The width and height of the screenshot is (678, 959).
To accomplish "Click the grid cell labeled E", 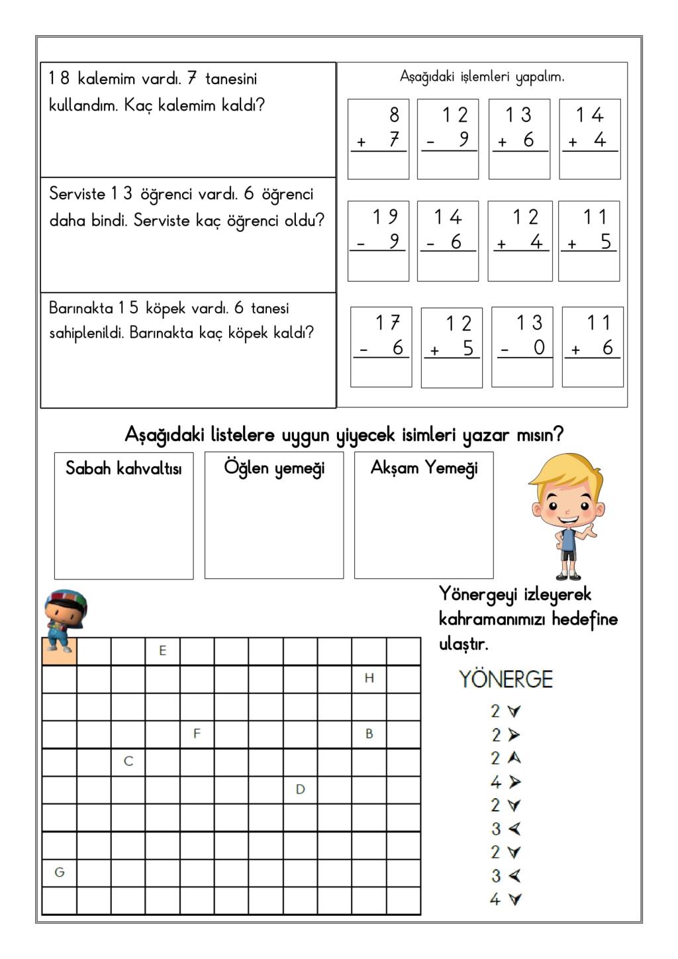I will (x=163, y=651).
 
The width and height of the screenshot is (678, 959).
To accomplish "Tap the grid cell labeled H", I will (x=369, y=678).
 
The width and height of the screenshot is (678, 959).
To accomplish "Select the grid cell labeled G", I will (x=60, y=872).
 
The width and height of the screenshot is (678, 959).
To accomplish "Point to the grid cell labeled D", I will (x=300, y=789).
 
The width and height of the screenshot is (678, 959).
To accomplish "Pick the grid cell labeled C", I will (x=128, y=762).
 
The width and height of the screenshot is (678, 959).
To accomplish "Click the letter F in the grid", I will (x=197, y=734).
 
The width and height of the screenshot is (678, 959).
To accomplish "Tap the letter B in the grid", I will (x=369, y=734).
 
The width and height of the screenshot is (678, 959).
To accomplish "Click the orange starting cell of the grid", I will (x=60, y=651).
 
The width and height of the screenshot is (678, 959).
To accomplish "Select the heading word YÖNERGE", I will (x=506, y=680).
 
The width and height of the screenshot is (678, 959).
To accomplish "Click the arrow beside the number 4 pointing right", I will (x=514, y=782).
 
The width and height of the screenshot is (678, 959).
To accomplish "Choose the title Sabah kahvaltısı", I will (x=124, y=469).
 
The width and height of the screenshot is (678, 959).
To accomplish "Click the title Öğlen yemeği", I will (x=274, y=468).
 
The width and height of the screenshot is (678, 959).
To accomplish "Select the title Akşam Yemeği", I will (x=424, y=468).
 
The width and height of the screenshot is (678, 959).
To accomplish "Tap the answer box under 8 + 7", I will (x=378, y=165).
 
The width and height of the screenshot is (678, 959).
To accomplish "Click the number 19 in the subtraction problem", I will (x=385, y=217).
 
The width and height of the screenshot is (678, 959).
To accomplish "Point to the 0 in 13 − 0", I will (x=539, y=348).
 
